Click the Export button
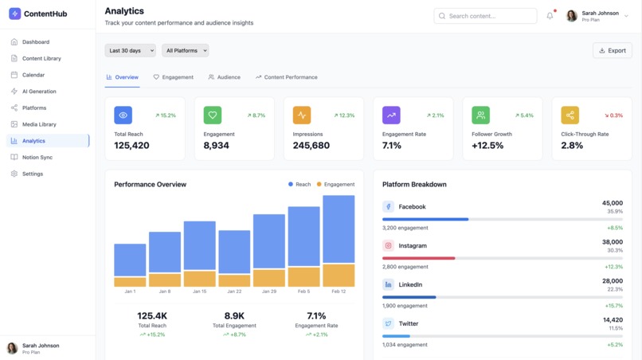tap(612, 50)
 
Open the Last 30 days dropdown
tap(130, 50)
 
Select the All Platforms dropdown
tap(185, 50)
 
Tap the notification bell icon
tap(550, 16)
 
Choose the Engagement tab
tap(173, 77)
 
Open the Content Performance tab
tap(286, 77)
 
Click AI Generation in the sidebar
tap(39, 92)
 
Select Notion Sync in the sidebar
tap(37, 157)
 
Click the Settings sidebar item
tap(33, 174)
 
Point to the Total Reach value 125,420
tap(131, 146)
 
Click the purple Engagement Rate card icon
tap(391, 115)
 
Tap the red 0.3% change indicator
tap(613, 115)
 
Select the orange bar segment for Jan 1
tap(130, 282)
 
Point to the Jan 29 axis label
tap(269, 292)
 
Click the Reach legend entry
tap(299, 184)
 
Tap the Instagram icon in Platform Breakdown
tap(388, 245)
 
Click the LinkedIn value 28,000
tap(612, 280)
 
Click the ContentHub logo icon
tap(14, 14)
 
